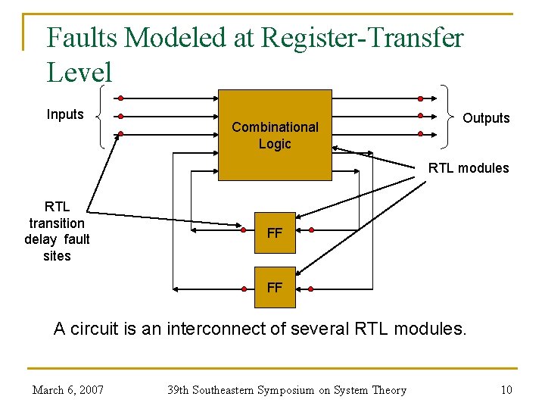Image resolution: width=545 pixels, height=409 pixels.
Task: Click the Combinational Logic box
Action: pos(275,135)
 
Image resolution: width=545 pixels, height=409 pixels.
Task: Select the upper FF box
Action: pos(275,233)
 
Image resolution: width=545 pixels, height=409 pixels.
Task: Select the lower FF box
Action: pos(275,287)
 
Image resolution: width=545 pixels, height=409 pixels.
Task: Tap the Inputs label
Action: pos(65,114)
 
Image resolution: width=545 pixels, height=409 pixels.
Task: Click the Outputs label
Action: pos(486,118)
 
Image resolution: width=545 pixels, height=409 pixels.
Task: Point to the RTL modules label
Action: pos(469,168)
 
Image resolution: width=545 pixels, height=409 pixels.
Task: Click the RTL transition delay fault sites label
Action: pos(57,231)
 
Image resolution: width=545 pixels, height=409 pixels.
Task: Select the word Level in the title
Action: pos(79,73)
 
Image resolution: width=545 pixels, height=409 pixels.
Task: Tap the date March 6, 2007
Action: pos(68,390)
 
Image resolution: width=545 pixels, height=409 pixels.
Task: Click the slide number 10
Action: pos(506,390)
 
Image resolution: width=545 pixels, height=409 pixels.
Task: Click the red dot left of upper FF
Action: pos(243,229)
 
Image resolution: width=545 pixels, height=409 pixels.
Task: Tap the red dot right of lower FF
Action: pos(310,289)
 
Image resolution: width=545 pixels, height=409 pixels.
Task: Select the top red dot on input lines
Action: pos(120,98)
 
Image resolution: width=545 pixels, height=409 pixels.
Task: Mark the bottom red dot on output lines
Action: pos(421,135)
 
